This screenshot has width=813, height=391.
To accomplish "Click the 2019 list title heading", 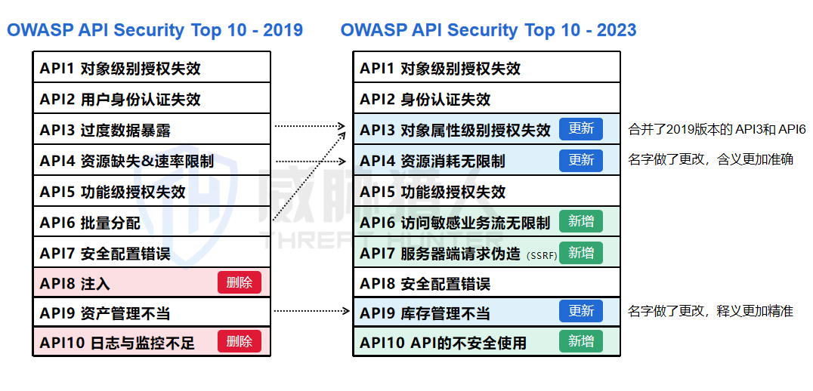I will pos(155,30).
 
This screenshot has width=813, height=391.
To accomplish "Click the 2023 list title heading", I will pos(488,30).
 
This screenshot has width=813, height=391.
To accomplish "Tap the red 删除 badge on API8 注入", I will pos(240,282).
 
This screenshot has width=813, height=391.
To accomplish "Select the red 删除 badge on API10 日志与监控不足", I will pos(240,341).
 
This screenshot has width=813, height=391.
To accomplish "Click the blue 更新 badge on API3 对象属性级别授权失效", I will pos(581,129).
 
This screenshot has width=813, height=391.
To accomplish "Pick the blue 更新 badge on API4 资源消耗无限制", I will pos(581,160).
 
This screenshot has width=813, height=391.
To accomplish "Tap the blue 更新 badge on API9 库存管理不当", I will pos(581,311).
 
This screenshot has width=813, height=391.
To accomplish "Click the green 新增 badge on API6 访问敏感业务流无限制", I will pos(581,221).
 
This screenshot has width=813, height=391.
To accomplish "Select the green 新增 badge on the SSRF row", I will pos(581,253).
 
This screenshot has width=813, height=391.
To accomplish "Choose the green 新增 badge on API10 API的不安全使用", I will pos(581,341).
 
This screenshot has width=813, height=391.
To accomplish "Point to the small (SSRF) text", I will pos(542,255).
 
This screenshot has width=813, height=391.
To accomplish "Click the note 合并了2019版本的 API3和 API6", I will pos(717,130).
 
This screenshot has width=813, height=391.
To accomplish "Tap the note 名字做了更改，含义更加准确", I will pos(710,160).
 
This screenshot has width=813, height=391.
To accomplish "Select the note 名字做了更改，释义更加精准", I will pos(710,311).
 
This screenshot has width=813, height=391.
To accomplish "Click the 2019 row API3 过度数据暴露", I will pos(105,130).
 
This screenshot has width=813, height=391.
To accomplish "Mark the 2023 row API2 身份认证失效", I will pos(425,99).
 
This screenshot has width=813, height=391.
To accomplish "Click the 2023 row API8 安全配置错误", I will pos(425,284).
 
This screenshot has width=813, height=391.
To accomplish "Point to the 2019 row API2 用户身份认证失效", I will pos(120,99).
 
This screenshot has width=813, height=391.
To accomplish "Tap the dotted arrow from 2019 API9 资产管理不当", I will pos(310,311).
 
